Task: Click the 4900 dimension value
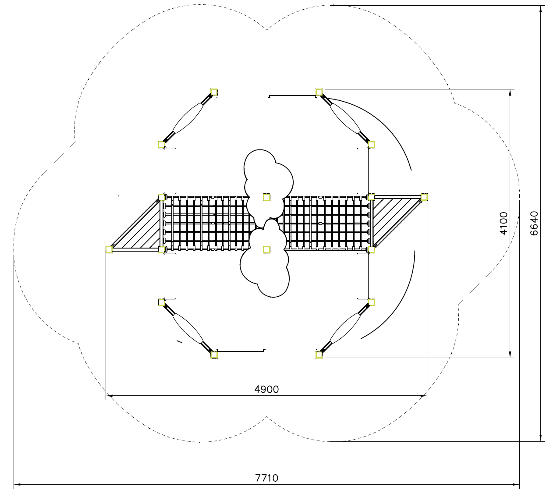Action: tap(266, 389)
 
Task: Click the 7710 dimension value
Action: tap(266, 478)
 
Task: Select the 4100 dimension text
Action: tap(504, 223)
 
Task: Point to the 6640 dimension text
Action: tap(534, 223)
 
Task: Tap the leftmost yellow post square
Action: tap(109, 249)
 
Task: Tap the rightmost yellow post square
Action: tap(424, 197)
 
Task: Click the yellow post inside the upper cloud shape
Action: tap(266, 197)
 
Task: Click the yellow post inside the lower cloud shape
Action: tap(266, 249)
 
